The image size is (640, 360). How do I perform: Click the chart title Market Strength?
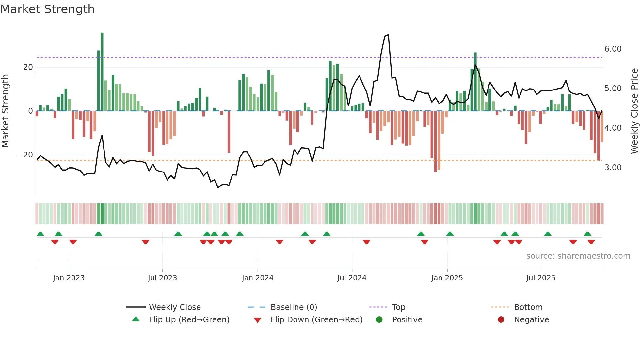coord(47,9)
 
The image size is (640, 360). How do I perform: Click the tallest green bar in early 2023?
coord(102,72)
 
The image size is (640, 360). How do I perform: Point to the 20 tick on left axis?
coord(28,67)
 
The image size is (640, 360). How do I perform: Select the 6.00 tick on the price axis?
coord(613,49)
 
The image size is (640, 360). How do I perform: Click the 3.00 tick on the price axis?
coord(613,168)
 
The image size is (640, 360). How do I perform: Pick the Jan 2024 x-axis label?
coord(258,278)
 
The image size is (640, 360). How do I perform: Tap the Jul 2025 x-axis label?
coord(541,278)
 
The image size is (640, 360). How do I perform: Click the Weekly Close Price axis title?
coord(634,111)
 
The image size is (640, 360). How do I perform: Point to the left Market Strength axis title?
coord(5,111)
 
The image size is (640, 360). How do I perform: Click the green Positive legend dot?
coord(379,320)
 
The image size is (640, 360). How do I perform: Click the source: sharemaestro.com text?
coord(578,256)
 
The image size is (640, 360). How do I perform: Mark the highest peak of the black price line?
coord(388,35)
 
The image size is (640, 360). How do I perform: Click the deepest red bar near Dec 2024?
coord(435,141)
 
